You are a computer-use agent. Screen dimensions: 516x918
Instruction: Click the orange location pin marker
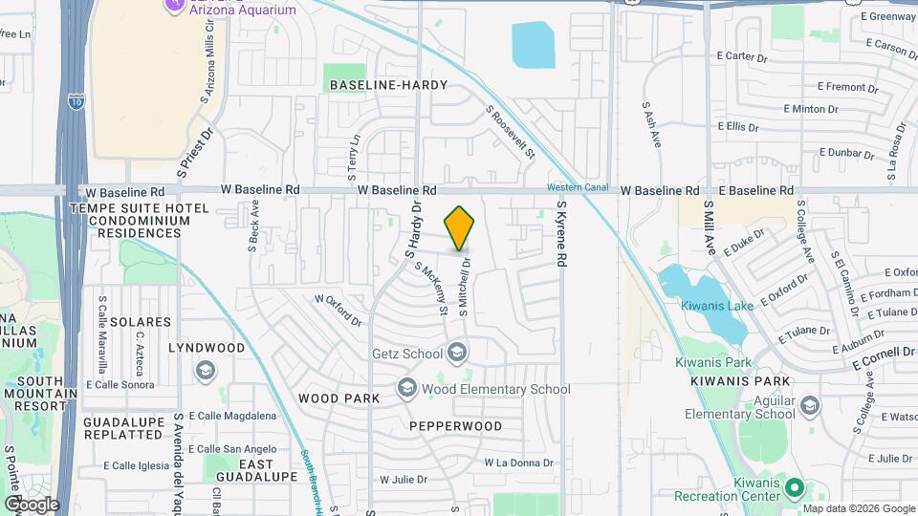(460, 227)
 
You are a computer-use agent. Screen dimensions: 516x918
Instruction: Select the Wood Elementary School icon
(407, 389)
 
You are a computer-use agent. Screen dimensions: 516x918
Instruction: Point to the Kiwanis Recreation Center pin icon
(794, 489)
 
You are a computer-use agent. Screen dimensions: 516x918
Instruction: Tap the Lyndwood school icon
(205, 370)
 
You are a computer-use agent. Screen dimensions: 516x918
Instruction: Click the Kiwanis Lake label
(717, 305)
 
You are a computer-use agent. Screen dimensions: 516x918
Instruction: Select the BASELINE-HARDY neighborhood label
(388, 85)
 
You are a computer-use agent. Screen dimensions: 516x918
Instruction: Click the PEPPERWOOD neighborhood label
(455, 425)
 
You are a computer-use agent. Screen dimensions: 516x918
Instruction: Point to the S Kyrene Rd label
(562, 234)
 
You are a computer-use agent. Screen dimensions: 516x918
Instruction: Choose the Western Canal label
(578, 186)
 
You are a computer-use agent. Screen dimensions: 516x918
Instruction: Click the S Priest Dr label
(194, 153)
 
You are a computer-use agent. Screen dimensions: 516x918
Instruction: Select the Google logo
(31, 504)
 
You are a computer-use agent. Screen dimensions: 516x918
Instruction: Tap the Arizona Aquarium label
(242, 9)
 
